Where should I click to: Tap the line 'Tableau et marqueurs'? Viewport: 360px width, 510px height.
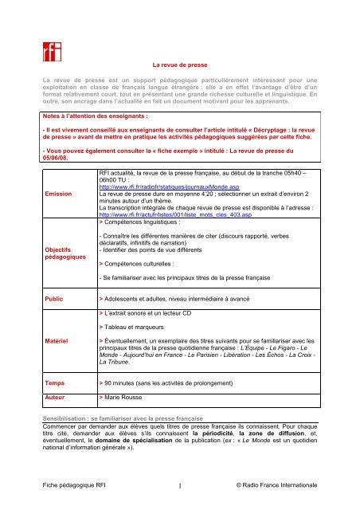(x=136, y=328)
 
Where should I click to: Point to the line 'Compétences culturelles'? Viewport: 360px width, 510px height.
(x=144, y=261)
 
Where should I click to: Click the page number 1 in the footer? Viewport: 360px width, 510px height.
(x=180, y=484)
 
